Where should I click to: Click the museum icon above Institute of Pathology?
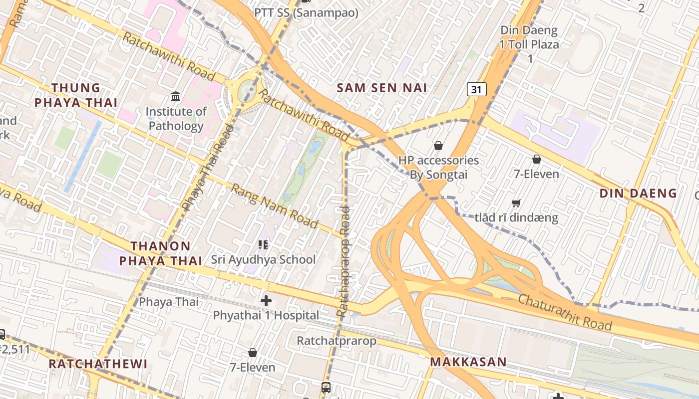point(176,96)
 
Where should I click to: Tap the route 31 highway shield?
point(477,89)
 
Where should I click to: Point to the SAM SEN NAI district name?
point(382,88)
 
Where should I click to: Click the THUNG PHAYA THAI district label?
point(84,95)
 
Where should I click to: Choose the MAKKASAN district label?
point(468,362)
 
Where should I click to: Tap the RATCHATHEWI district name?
point(98,364)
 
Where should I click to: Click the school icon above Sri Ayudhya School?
point(263,244)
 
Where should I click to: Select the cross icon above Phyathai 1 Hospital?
point(266,301)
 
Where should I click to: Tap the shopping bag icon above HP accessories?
point(438,146)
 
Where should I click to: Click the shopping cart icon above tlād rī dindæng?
point(516,203)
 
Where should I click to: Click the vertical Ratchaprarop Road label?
point(344,262)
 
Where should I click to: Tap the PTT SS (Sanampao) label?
point(306,13)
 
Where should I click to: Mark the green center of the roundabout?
point(247,91)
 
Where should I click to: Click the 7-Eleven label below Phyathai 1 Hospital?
point(252,368)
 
